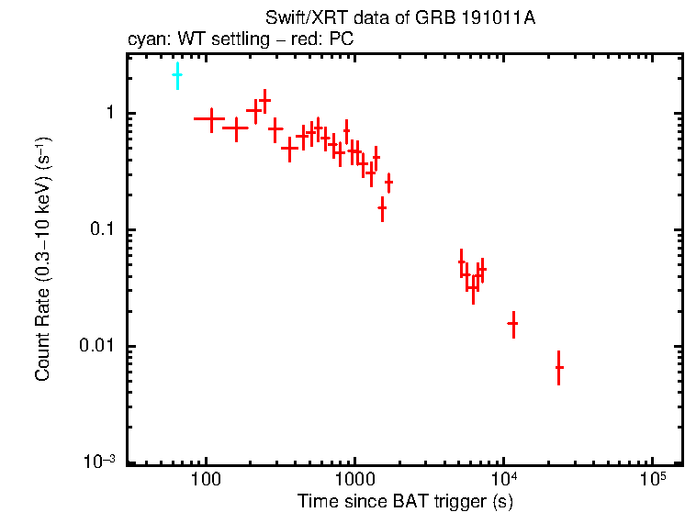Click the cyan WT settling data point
(177, 75)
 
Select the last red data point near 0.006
(558, 367)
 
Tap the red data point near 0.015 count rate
(513, 324)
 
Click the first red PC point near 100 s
(210, 119)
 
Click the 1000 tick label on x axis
(354, 480)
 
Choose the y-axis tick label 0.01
(96, 347)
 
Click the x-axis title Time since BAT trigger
(404, 501)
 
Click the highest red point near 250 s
(264, 99)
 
